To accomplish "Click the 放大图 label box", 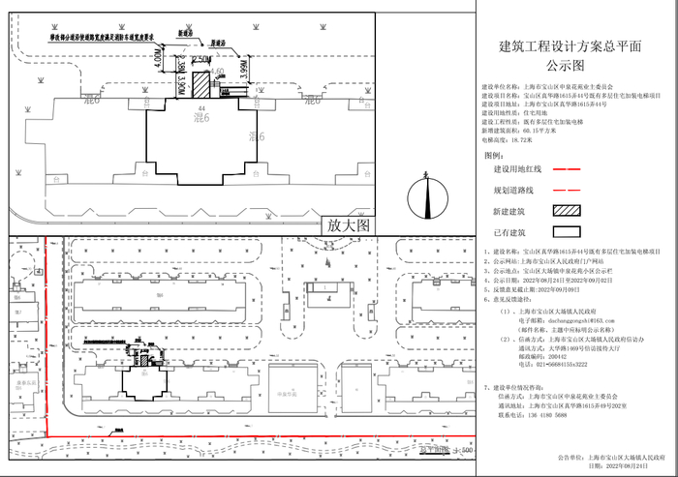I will pos(350,224).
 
